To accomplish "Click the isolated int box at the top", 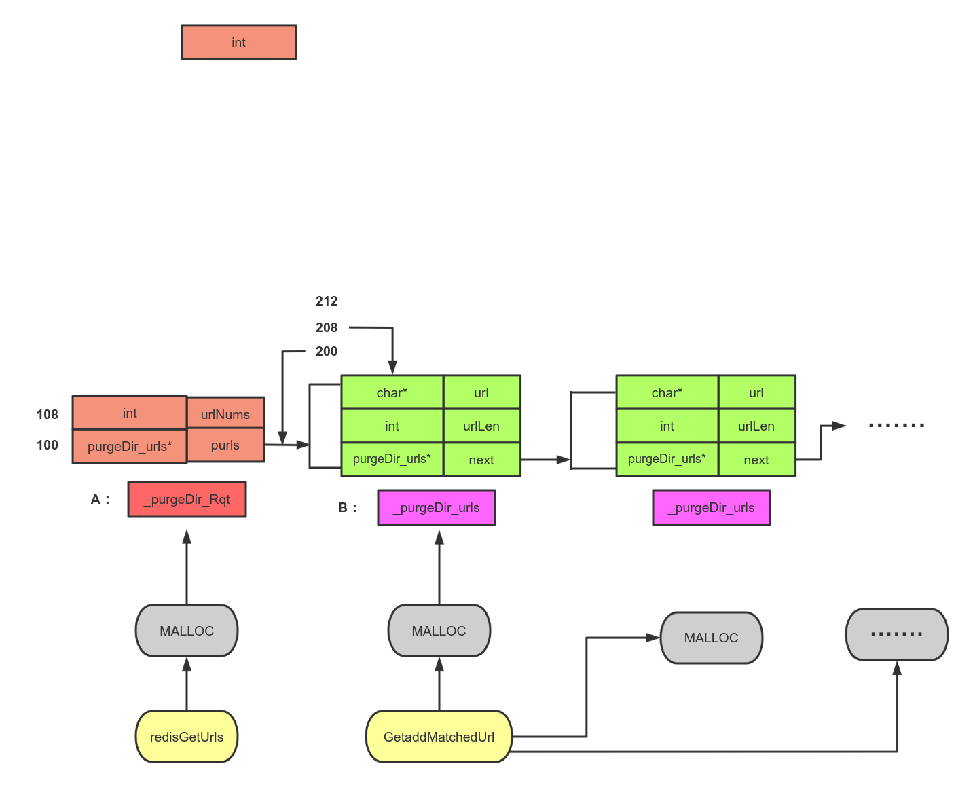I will pyautogui.click(x=238, y=42).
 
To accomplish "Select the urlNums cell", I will pyautogui.click(x=225, y=414).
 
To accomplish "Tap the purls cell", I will pyautogui.click(x=225, y=445).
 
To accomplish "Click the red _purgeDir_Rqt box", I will pyautogui.click(x=187, y=500).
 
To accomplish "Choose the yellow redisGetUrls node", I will pyautogui.click(x=187, y=737).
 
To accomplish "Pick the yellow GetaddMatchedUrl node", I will pyautogui.click(x=439, y=737).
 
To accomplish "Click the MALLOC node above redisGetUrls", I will pyautogui.click(x=187, y=631).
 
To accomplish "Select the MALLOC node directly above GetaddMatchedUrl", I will pyautogui.click(x=439, y=631).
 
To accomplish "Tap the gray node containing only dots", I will pyautogui.click(x=896, y=634).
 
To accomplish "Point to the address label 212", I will pyautogui.click(x=327, y=301).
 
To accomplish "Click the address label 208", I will pyautogui.click(x=327, y=327).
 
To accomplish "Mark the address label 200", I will pyautogui.click(x=327, y=351).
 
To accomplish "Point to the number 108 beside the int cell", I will pyautogui.click(x=48, y=414).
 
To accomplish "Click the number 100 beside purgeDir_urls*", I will pyautogui.click(x=48, y=445).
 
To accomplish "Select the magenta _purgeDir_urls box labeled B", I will pyautogui.click(x=437, y=508).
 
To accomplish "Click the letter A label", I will pyautogui.click(x=96, y=499).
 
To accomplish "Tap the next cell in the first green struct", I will pyautogui.click(x=481, y=460).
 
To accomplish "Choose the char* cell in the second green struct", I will pyautogui.click(x=667, y=392).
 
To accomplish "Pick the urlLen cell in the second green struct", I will pyautogui.click(x=756, y=426).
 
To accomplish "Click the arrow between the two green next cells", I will pyautogui.click(x=545, y=460).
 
